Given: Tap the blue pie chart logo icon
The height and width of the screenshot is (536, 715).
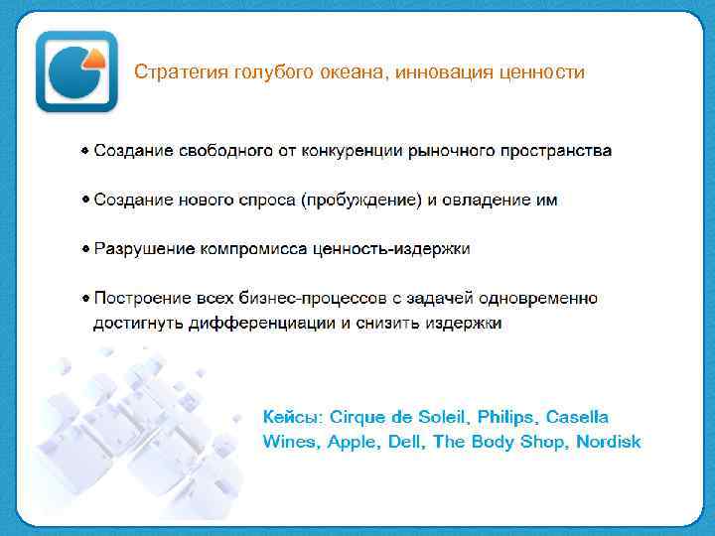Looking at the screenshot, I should coord(74,72).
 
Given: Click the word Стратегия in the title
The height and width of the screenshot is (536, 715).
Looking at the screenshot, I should coord(172,72).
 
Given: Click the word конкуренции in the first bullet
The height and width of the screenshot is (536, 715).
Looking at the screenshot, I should coord(340,151).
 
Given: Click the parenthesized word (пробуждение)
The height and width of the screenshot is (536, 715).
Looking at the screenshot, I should coord(360,200).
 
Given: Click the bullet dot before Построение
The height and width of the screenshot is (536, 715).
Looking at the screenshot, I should coord(86,297).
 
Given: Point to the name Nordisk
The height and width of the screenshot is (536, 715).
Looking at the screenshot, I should coord(609,442).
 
